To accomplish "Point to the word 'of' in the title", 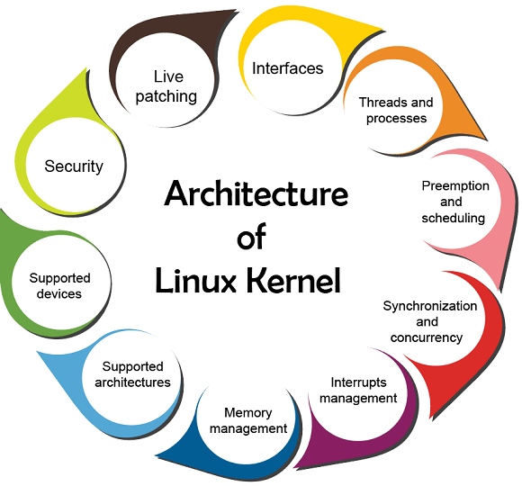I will tap(251, 238).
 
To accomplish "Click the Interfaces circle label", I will tap(287, 68).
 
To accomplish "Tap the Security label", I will tap(74, 166).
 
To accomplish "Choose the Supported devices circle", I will tap(59, 286).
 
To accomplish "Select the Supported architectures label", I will tap(132, 374).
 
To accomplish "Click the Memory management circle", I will tap(248, 421).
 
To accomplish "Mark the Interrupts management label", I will tap(358, 390).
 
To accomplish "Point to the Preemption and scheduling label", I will tap(455, 202).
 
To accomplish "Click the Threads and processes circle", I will tap(396, 110).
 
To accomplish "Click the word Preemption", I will tap(455, 185).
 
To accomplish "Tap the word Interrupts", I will tap(358, 382).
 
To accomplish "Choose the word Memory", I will tap(248, 413).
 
